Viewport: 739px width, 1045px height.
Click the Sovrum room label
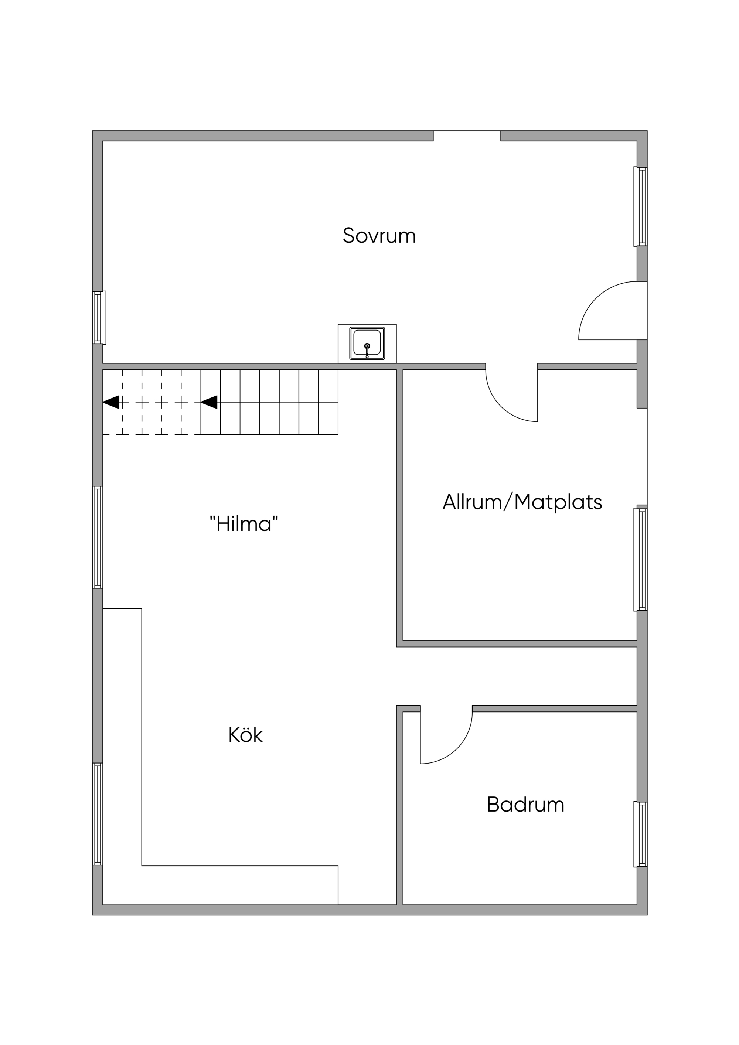[379, 235]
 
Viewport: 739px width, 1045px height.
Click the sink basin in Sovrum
[367, 343]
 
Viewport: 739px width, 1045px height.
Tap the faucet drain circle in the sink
[367, 346]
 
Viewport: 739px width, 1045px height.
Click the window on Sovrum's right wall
[641, 206]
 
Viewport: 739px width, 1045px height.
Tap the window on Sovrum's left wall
[99, 318]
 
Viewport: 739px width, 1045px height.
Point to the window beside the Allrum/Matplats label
[641, 559]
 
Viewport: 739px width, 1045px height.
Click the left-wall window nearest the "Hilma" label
[98, 537]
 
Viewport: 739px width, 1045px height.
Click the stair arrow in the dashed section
[111, 402]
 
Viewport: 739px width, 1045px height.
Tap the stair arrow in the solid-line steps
[209, 402]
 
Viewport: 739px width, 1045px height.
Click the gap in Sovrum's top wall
[467, 136]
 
